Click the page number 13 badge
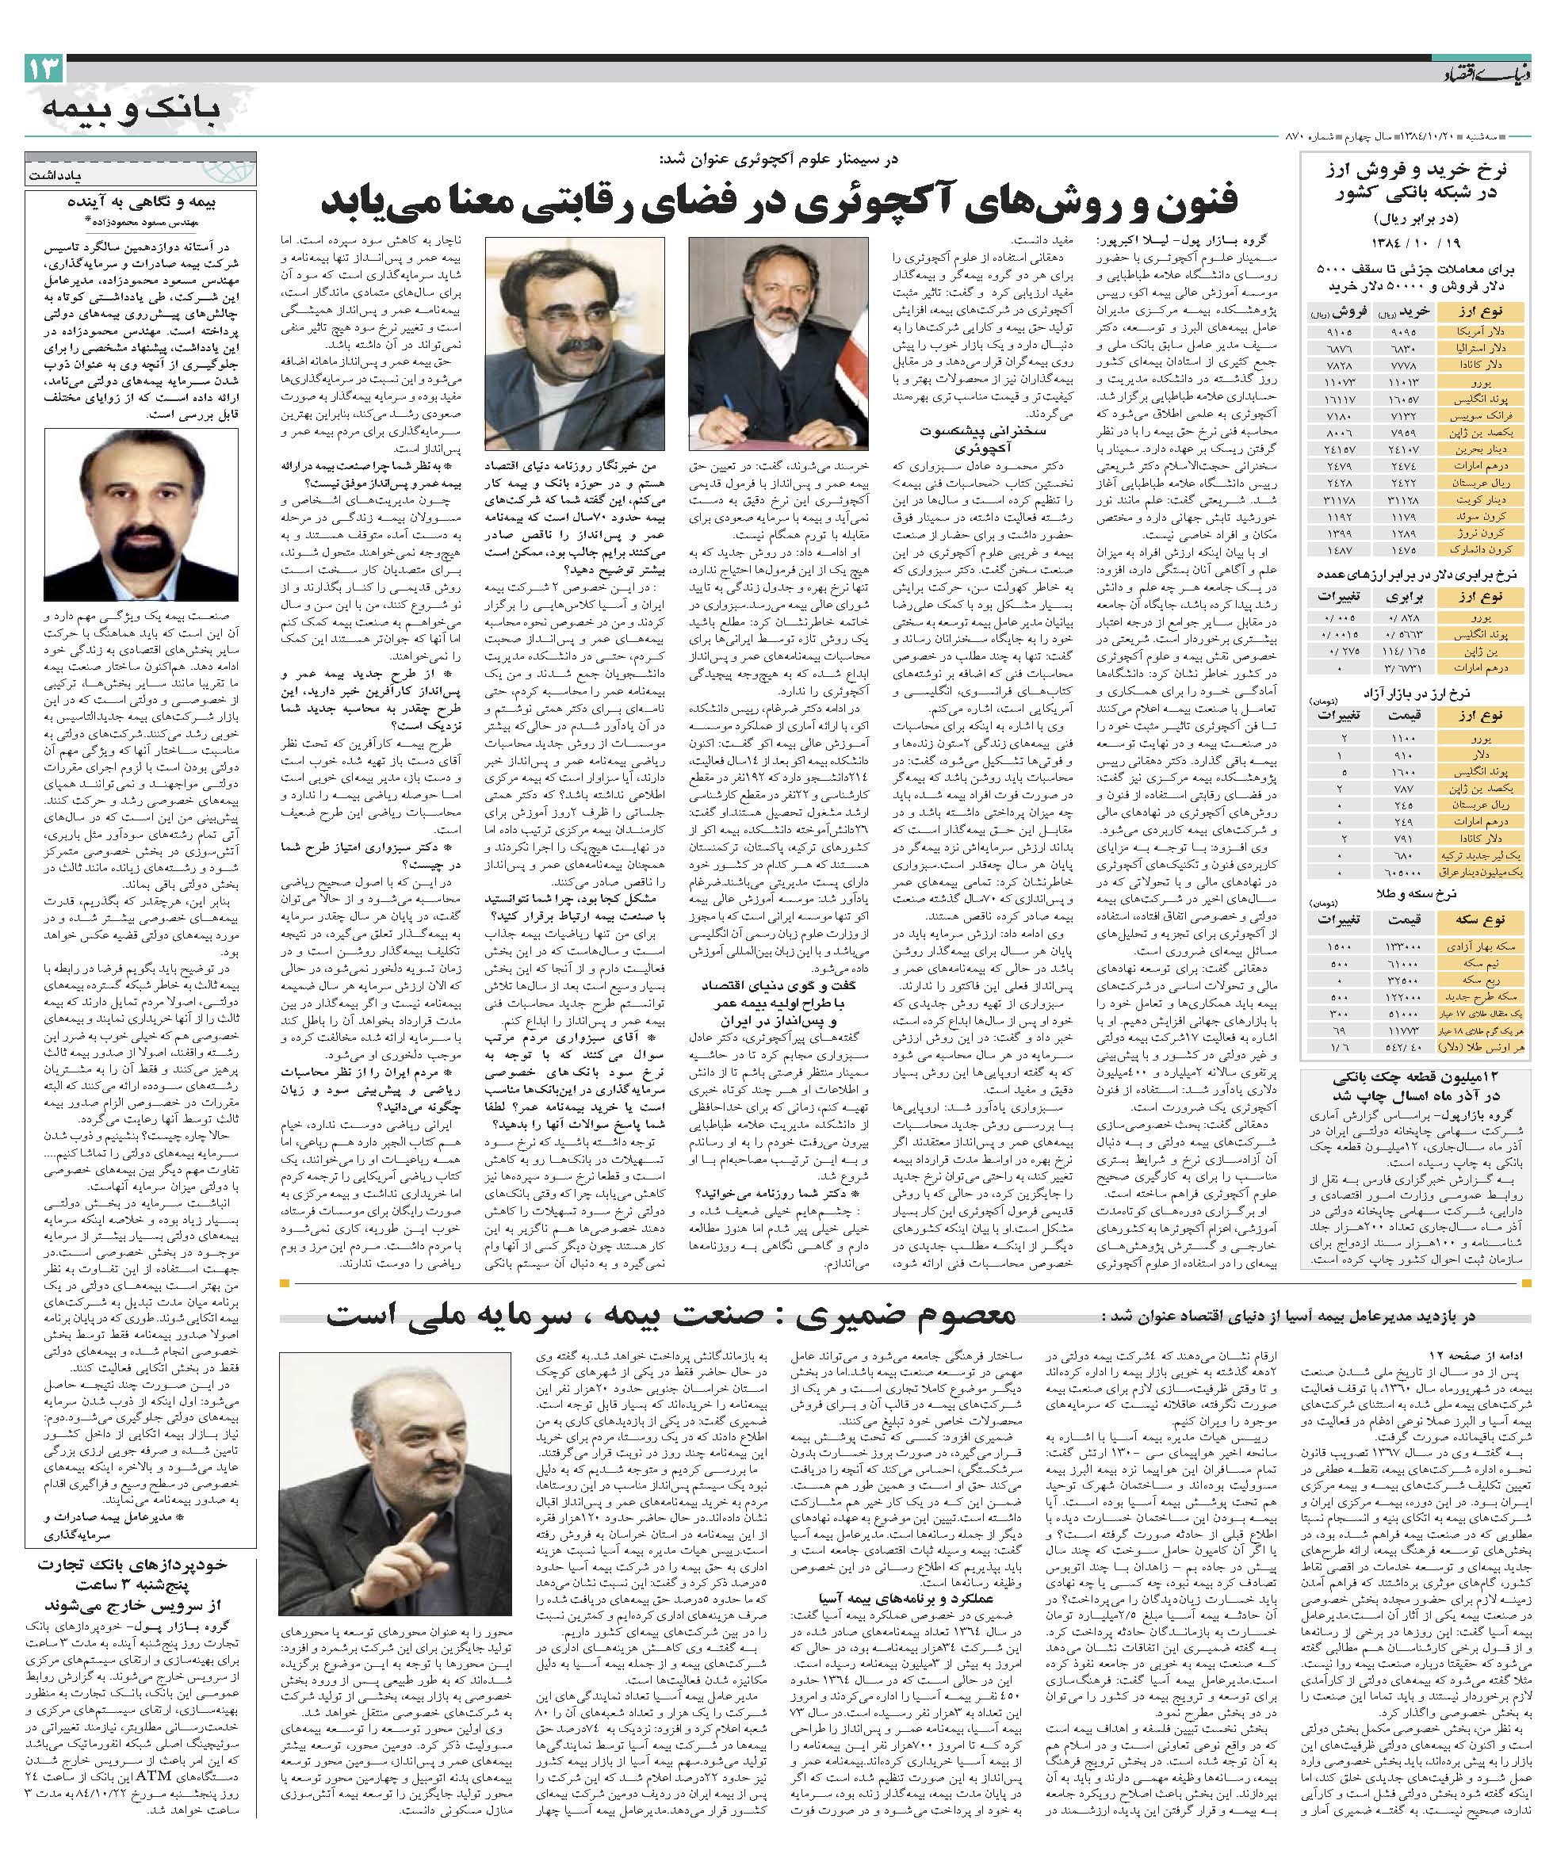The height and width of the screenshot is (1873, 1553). pyautogui.click(x=44, y=68)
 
